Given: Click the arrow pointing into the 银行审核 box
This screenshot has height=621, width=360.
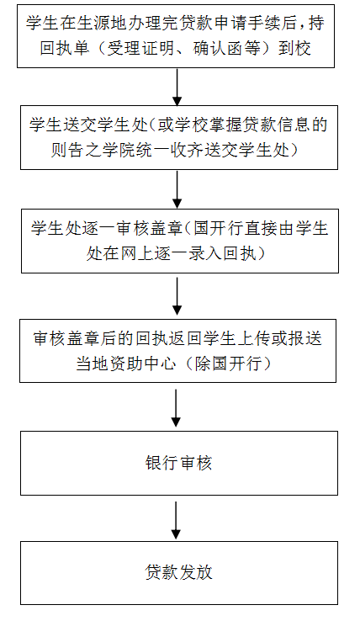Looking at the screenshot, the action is tap(177, 408).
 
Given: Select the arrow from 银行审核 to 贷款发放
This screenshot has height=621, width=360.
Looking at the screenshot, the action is tap(177, 520).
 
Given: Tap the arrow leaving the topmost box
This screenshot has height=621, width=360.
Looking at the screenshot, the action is tap(177, 88).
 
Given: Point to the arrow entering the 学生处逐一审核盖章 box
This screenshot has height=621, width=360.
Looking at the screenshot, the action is tap(177, 189).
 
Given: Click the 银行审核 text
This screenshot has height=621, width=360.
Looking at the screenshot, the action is tap(178, 463).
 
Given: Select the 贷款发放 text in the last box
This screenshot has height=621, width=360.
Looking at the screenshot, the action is tap(178, 572).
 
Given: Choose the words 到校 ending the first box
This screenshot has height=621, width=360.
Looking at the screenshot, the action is tap(294, 48).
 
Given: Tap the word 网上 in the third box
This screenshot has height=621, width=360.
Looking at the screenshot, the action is tap(138, 253).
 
